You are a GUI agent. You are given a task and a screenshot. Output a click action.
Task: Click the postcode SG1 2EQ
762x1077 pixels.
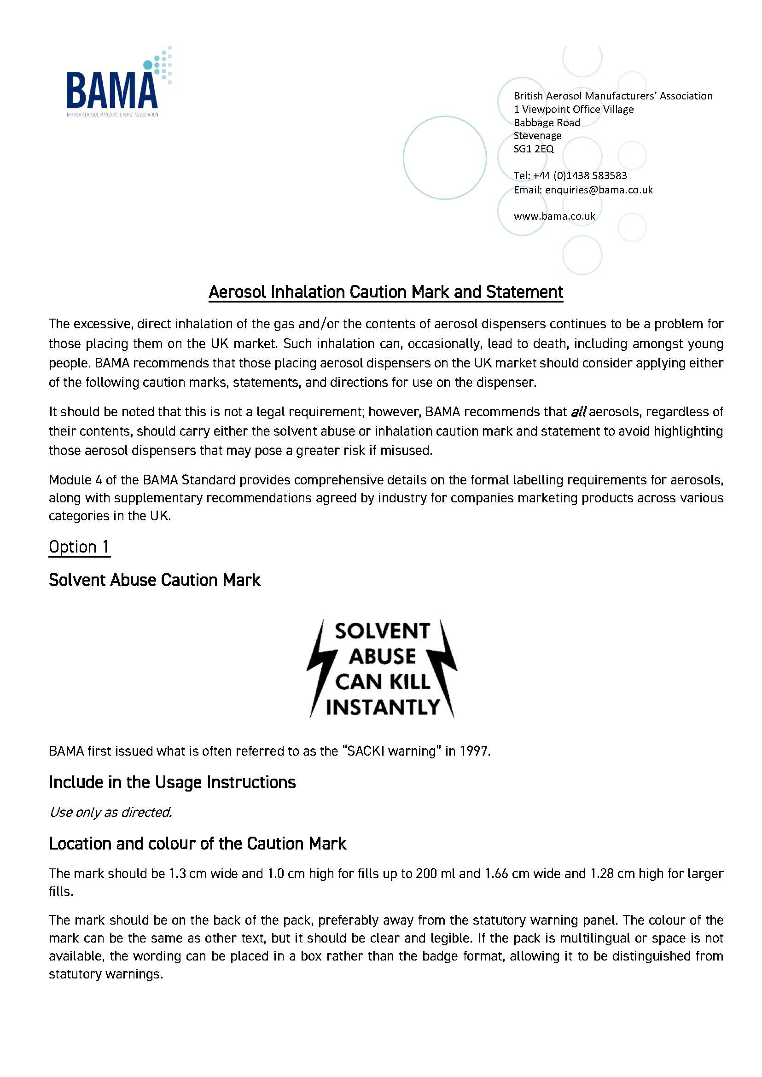click(x=534, y=149)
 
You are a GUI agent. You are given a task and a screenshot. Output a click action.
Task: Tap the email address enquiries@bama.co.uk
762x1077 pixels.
click(x=598, y=190)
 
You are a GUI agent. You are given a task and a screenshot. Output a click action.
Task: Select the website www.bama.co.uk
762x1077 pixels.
click(x=554, y=216)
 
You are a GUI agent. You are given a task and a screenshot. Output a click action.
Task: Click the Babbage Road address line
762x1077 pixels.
click(x=547, y=123)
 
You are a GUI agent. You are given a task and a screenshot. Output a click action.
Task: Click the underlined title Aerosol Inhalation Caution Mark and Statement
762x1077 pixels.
click(x=385, y=292)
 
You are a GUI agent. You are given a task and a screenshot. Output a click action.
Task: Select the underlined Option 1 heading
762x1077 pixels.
click(x=79, y=547)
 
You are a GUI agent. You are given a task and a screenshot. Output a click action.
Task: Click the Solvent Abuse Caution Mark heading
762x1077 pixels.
click(x=154, y=581)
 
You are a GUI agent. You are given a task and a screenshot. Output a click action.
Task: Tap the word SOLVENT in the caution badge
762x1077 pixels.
click(x=382, y=632)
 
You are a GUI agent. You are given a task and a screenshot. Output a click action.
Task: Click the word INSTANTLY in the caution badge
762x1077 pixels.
click(x=383, y=707)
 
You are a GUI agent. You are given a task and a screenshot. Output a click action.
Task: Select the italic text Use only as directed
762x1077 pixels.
click(x=111, y=812)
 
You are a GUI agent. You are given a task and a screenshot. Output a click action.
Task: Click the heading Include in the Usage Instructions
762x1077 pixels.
click(x=172, y=783)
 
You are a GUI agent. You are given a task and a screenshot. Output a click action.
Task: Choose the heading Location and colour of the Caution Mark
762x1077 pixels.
click(x=198, y=844)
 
